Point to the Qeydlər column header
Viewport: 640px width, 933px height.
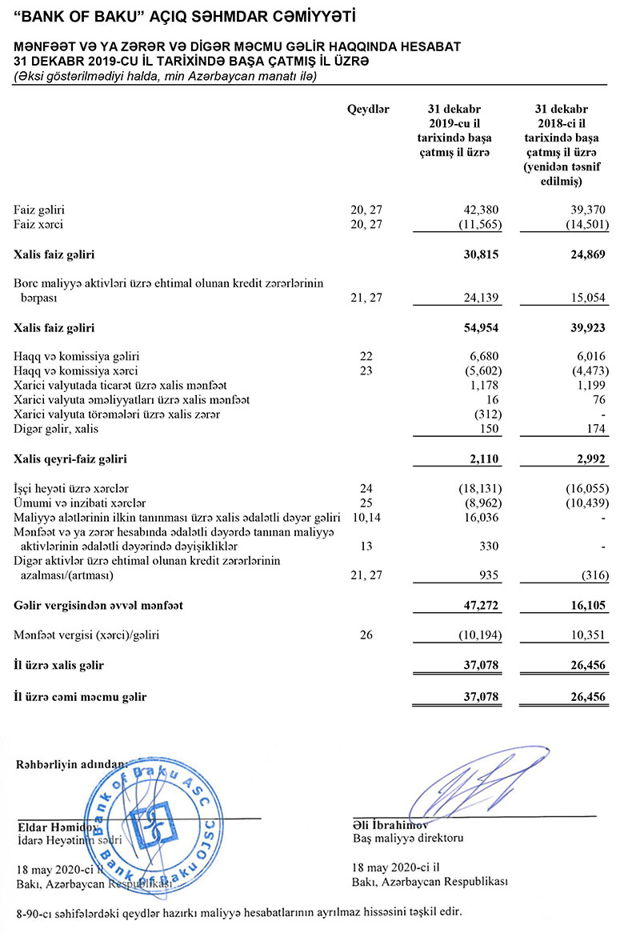tap(368, 110)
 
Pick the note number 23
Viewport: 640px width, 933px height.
tap(367, 370)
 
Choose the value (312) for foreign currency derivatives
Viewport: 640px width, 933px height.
tap(486, 414)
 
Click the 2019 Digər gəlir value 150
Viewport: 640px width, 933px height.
tap(490, 429)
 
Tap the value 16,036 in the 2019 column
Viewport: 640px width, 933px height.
tap(482, 518)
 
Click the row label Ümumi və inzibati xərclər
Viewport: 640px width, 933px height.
tap(79, 503)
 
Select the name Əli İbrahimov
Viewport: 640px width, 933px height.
tap(391, 824)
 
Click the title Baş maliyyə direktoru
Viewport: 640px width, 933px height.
tap(408, 839)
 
